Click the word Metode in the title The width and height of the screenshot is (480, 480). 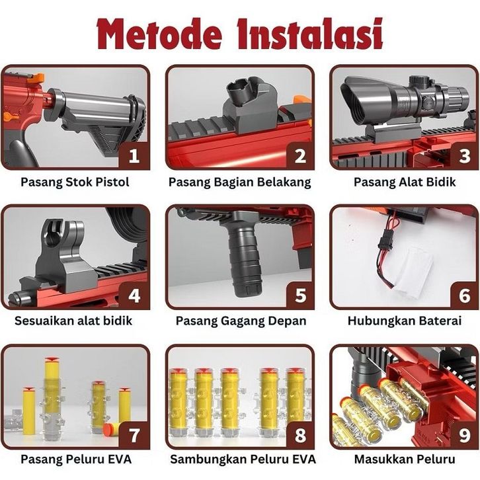tap(159, 34)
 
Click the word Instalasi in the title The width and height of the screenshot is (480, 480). tap(310, 34)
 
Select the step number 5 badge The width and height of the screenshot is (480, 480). tap(301, 295)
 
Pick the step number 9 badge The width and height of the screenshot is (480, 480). tap(464, 434)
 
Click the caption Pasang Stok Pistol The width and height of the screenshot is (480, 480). tap(75, 182)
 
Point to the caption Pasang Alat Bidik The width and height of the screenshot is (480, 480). tap(405, 182)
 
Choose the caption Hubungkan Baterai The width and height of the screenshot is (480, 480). tap(405, 321)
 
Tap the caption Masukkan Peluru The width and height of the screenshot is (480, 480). tap(405, 460)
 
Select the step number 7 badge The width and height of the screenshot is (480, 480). tap(134, 434)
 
